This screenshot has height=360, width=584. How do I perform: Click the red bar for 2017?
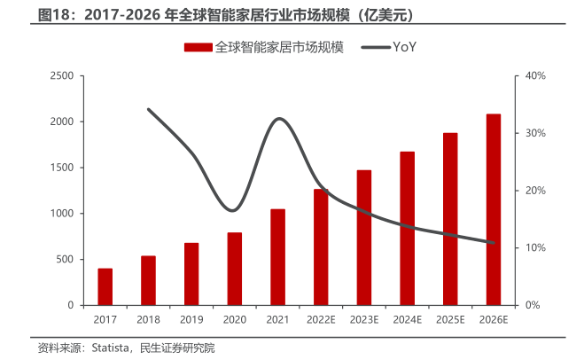tap(105, 286)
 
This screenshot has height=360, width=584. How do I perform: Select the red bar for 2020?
tap(235, 269)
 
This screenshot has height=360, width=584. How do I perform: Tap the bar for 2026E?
tap(494, 209)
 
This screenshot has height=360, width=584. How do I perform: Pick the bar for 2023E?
tap(364, 238)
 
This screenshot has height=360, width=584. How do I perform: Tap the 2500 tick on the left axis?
tap(61, 76)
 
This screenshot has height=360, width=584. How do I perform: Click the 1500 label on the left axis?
tap(61, 168)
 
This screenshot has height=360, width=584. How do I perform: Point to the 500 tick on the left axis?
tap(65, 259)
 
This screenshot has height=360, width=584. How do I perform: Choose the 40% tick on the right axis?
tap(535, 76)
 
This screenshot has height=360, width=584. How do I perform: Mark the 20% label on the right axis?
tap(535, 191)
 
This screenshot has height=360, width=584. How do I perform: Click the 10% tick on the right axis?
tap(535, 248)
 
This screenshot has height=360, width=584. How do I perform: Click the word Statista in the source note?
tap(110, 348)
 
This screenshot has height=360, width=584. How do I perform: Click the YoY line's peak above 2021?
tap(279, 118)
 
